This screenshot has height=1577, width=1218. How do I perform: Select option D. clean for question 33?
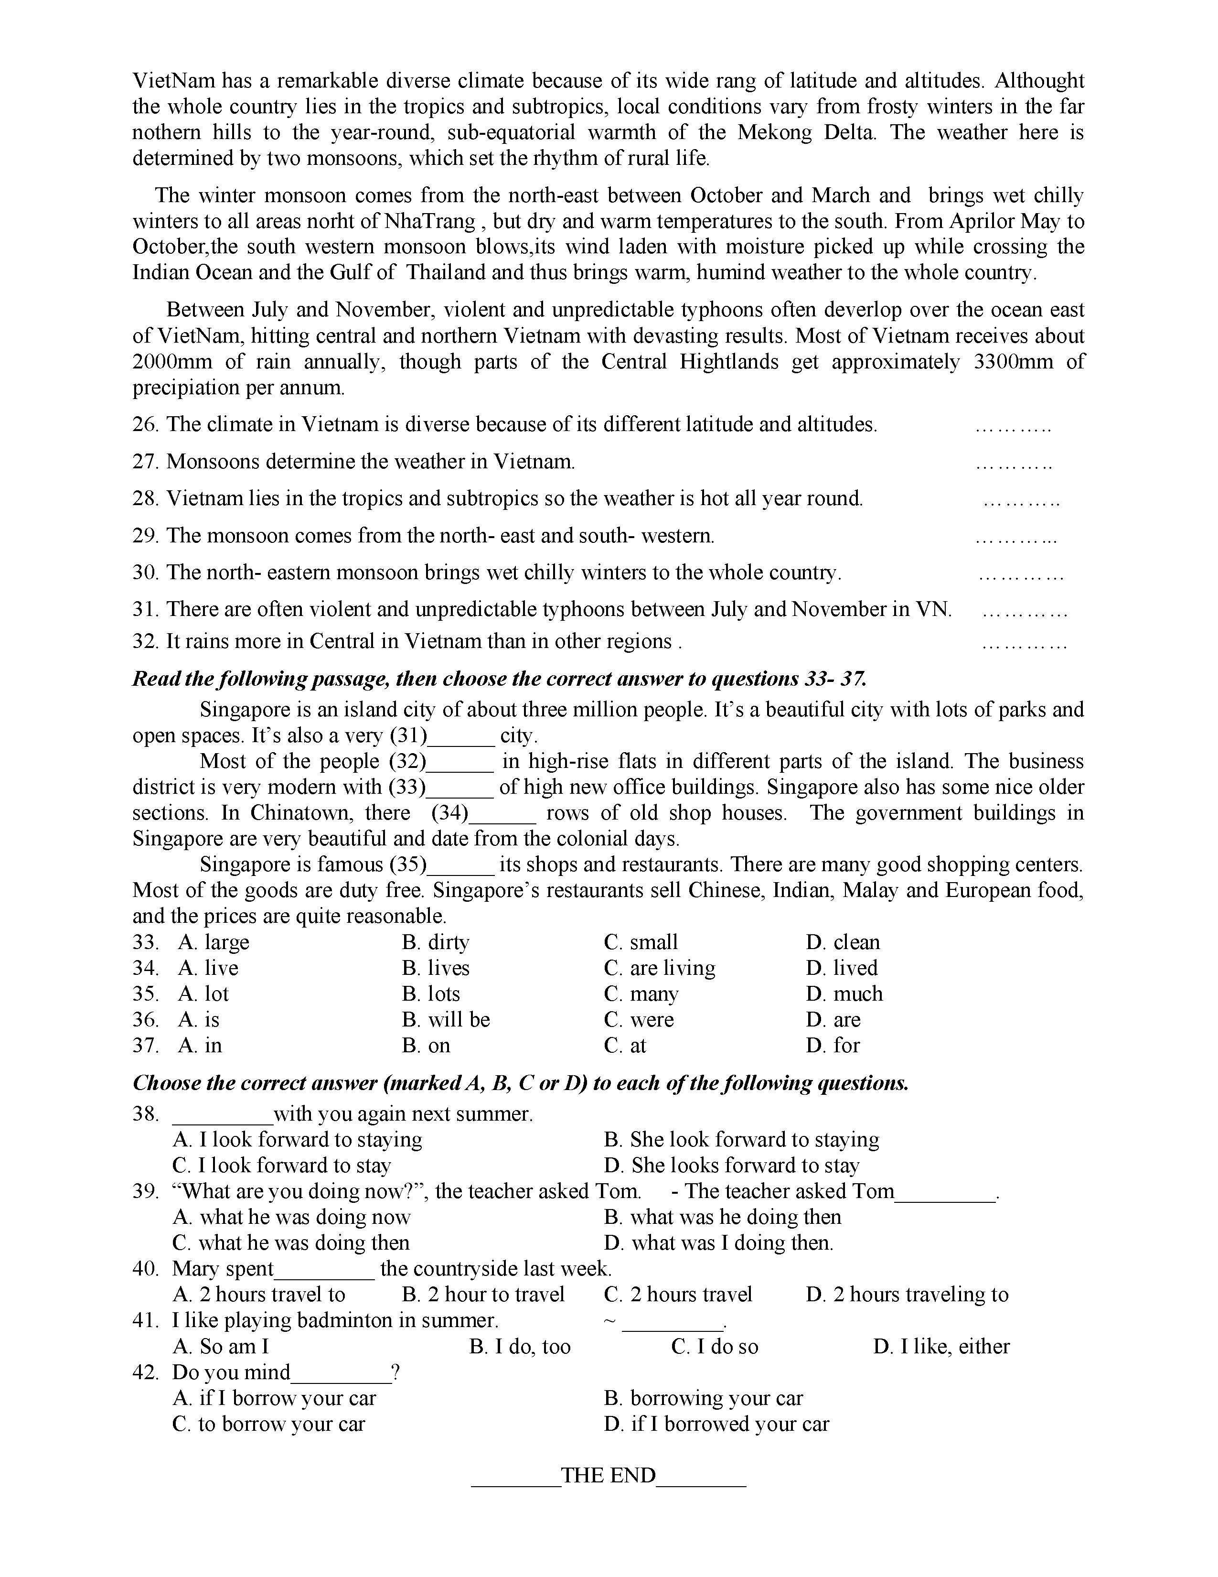tap(843, 942)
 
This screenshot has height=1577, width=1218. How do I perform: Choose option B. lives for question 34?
tap(436, 968)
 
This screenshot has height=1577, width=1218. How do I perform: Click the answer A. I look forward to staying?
tap(297, 1139)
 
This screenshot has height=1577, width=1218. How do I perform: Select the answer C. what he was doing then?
tap(291, 1242)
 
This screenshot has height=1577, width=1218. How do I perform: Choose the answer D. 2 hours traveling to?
tap(907, 1295)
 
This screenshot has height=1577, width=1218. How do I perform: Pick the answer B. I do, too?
tap(520, 1347)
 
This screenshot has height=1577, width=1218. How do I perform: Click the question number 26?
tap(145, 424)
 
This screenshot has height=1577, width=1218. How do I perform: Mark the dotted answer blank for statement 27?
tap(1013, 463)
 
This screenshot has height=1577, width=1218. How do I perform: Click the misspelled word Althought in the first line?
tap(1040, 81)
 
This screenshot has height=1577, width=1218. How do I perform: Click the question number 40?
tap(145, 1269)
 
